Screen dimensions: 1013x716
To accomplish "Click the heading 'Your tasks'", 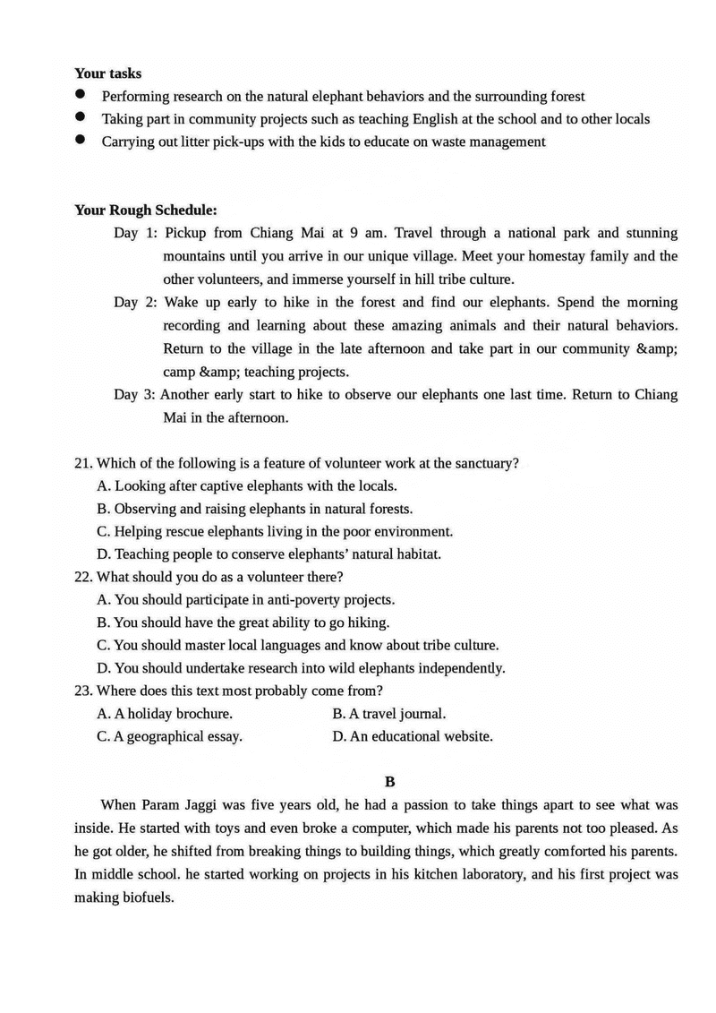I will tap(107, 73).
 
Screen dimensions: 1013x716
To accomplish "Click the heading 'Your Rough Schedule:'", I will tap(145, 210).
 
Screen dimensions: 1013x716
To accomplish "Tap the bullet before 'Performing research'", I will tap(81, 94).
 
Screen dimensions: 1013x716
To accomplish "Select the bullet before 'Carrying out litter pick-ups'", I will tap(81, 140).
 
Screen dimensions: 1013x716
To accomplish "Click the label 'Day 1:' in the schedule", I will tap(136, 233).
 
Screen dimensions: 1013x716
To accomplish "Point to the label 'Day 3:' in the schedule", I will tap(136, 395).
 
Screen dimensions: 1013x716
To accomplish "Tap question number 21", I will tap(83, 463).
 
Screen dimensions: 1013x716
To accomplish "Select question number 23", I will tap(83, 691).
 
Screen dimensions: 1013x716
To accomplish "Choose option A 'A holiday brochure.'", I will tap(165, 714).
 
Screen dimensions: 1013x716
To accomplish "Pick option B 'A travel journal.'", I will tap(388, 714).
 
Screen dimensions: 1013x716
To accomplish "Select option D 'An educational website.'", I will tap(412, 736).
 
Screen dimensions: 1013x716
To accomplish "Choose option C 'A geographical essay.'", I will tap(169, 736).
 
